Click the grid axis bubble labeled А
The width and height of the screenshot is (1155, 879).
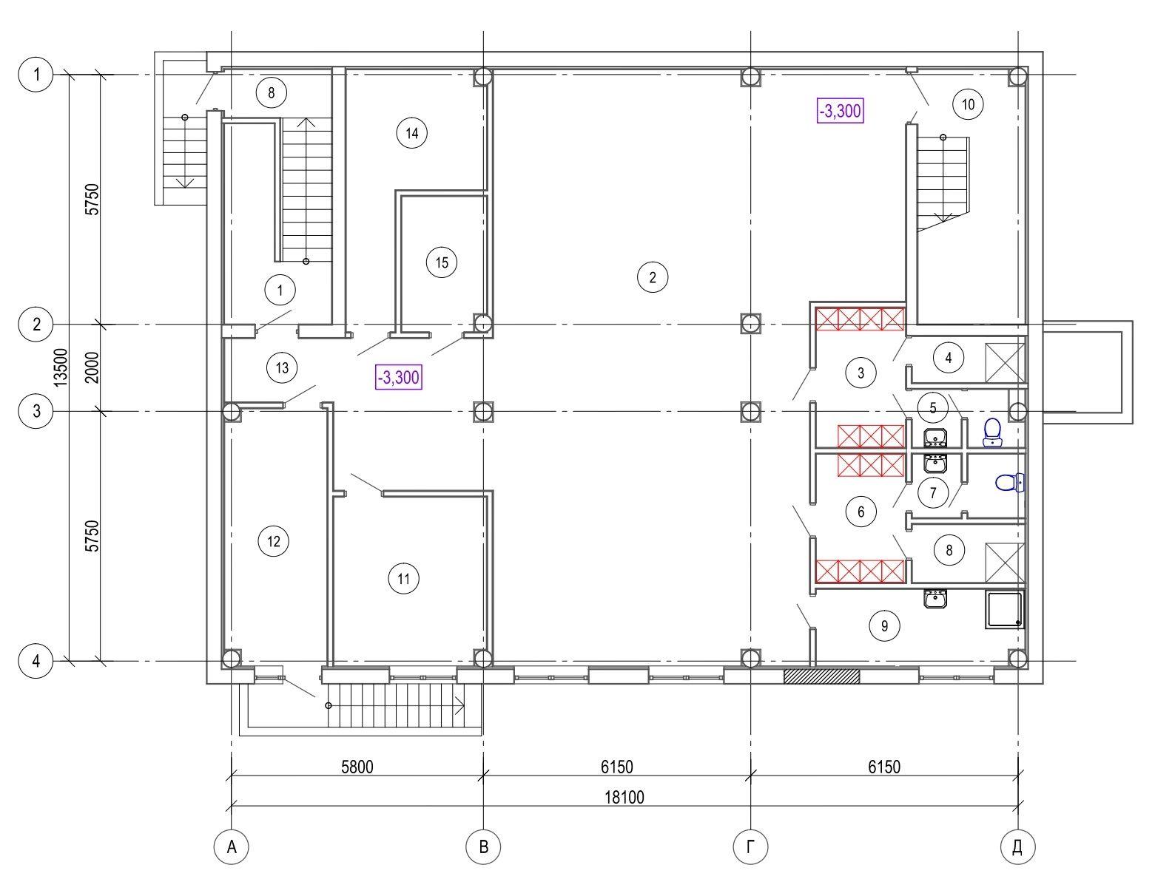click(x=231, y=846)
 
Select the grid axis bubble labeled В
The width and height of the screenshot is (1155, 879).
click(x=484, y=846)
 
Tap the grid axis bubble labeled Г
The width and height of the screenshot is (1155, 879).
click(x=750, y=846)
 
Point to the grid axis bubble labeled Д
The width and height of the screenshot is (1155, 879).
click(x=1017, y=846)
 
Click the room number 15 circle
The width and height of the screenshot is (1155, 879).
click(x=442, y=262)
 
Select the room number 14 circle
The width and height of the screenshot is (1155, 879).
click(x=411, y=133)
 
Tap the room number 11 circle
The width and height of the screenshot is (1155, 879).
click(x=403, y=579)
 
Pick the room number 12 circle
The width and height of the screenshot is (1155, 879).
click(x=274, y=541)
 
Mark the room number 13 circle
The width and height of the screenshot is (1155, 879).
click(x=282, y=367)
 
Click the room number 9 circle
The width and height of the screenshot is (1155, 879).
click(x=884, y=625)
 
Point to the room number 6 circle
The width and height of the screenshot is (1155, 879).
click(x=861, y=511)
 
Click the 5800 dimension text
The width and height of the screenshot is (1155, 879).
click(x=357, y=767)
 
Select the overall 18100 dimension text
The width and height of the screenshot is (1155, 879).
click(x=624, y=797)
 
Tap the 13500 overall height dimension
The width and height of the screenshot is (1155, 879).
click(x=61, y=367)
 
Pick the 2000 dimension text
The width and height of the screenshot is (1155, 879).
click(x=92, y=367)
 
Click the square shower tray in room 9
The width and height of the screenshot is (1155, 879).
click(x=1003, y=609)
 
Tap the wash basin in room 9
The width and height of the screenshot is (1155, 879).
click(x=935, y=599)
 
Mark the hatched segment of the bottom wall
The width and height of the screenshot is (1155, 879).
click(x=821, y=676)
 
